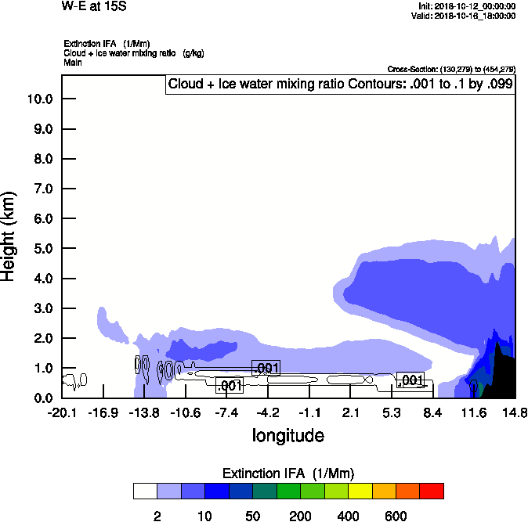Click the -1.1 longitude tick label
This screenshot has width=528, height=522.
click(x=309, y=412)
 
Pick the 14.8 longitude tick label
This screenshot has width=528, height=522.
click(x=515, y=412)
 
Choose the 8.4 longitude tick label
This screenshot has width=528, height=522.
click(x=433, y=412)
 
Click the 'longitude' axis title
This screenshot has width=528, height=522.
click(x=288, y=435)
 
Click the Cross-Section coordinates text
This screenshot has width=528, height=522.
click(x=451, y=69)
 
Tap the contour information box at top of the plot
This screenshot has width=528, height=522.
click(x=340, y=85)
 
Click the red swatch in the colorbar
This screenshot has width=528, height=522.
click(x=431, y=491)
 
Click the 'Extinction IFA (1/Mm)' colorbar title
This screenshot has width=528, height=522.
click(x=288, y=473)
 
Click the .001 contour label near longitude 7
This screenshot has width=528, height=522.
click(x=410, y=380)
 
